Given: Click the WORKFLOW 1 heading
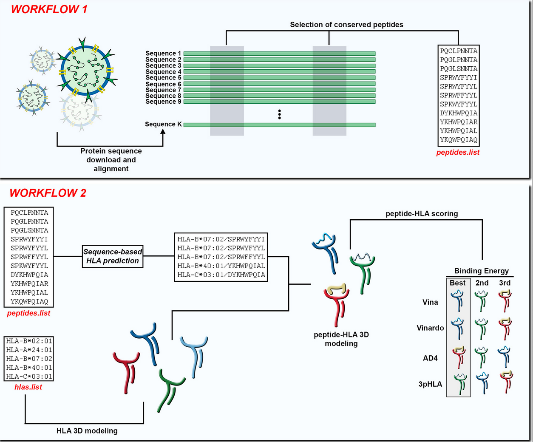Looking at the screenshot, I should (x=49, y=9).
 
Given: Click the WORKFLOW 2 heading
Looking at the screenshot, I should (x=48, y=193).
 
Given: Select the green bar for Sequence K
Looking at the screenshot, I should (x=279, y=125).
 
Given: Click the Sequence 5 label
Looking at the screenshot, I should (x=163, y=78).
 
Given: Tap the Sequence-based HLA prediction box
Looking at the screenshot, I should (x=113, y=256).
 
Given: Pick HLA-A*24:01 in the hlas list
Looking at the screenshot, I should (x=29, y=350).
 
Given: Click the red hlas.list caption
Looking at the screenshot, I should (x=28, y=387).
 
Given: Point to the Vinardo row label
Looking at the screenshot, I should (x=430, y=328).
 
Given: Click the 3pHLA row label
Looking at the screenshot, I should (x=430, y=384).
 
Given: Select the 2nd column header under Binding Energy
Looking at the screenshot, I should (x=482, y=283).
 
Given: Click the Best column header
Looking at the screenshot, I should (x=458, y=283).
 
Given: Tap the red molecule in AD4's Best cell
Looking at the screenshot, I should (x=458, y=357).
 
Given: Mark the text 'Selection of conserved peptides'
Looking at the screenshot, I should (x=346, y=25).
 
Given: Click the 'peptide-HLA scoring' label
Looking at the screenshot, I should (x=422, y=214).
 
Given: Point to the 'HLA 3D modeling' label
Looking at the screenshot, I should (x=87, y=431).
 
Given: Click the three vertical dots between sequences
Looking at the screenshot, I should (x=279, y=114).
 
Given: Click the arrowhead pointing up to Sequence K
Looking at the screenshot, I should (x=163, y=132).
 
